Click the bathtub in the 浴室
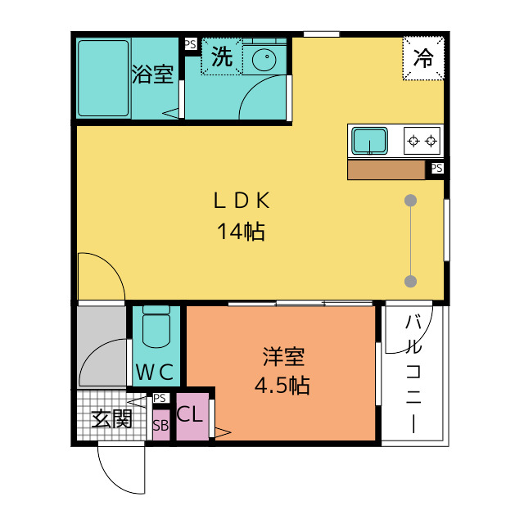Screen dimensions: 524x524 coord(103,79)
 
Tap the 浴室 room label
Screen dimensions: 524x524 coord(153,74)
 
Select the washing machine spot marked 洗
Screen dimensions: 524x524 coord(222,56)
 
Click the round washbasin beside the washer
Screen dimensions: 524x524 coord(264,60)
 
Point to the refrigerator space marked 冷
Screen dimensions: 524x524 coord(423,58)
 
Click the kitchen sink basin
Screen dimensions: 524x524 coord(369,141)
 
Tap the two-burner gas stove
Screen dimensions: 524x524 coord(422,141)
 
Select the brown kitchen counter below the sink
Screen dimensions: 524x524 coord(386,169)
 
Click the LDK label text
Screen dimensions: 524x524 coord(242,201)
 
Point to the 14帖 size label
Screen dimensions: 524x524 coord(242,231)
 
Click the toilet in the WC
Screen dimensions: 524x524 coord(156,327)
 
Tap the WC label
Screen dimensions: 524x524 coord(155,372)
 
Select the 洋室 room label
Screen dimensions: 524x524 coord(283,357)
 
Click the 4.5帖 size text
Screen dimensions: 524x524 coord(282,386)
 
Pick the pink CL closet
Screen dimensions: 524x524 coord(192,417)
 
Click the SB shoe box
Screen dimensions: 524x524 coord(161,426)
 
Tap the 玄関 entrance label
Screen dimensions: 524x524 coord(112,418)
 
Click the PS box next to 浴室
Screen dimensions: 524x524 coord(191,44)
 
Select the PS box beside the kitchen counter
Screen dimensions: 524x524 coord(436,168)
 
